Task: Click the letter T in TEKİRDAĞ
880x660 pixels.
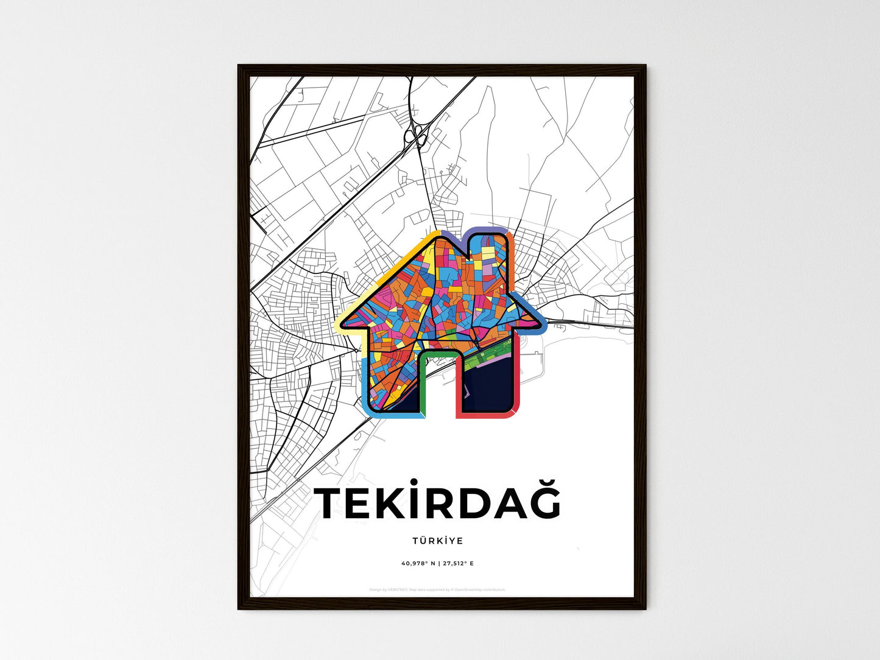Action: [x=331, y=503]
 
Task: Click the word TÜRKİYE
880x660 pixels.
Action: [x=437, y=541]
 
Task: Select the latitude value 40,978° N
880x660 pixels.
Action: [x=418, y=563]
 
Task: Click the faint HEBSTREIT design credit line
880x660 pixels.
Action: [x=437, y=589]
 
